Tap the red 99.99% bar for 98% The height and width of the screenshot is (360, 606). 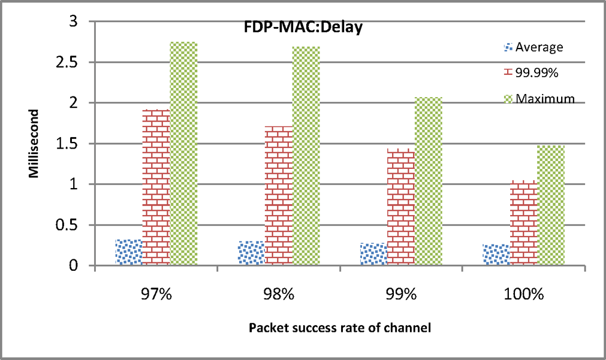point(279,195)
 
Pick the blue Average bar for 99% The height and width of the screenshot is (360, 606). point(373,254)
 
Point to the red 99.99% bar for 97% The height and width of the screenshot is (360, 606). point(156,187)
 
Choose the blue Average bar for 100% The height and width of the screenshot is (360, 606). point(496,255)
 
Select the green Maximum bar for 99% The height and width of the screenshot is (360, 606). point(429,181)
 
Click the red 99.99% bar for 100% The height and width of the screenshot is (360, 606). point(524,223)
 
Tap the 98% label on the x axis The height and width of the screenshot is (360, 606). point(279,294)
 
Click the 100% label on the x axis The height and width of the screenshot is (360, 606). point(524,294)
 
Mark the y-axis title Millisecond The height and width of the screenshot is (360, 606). point(35,143)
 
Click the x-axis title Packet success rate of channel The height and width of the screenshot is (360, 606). point(340,328)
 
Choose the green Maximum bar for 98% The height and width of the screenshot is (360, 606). point(306,156)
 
